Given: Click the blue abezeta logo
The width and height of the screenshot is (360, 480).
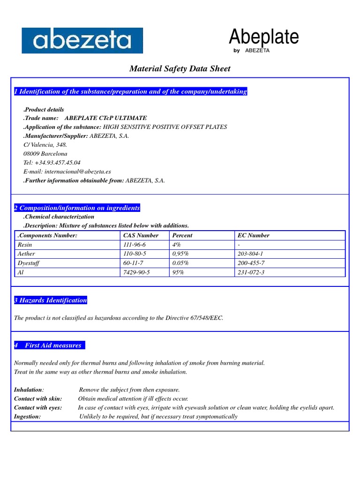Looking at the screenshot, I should [82, 41].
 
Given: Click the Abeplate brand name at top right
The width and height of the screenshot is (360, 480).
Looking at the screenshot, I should [263, 37].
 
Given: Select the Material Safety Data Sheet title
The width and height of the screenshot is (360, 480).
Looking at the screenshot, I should [180, 69].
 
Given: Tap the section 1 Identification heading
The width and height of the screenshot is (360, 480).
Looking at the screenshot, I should [131, 92].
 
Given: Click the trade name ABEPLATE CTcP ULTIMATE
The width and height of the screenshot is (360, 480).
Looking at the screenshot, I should [105, 118].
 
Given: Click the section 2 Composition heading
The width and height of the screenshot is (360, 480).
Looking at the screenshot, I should [77, 208].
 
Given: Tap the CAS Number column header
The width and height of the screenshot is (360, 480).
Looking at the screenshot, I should [141, 235].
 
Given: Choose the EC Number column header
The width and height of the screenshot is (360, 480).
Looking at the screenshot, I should [254, 235].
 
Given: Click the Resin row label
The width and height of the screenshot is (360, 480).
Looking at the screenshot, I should [25, 245].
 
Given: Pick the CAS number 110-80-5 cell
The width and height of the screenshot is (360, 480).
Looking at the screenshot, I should [135, 254].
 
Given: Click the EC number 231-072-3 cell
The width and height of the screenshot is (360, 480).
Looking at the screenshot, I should [251, 272].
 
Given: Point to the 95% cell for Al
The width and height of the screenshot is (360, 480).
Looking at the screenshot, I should [178, 272].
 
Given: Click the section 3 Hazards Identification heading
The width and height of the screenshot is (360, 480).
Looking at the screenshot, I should [51, 300].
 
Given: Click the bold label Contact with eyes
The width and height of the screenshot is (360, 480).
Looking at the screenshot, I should [38, 407].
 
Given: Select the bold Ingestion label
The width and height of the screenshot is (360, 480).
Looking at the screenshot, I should [27, 416].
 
